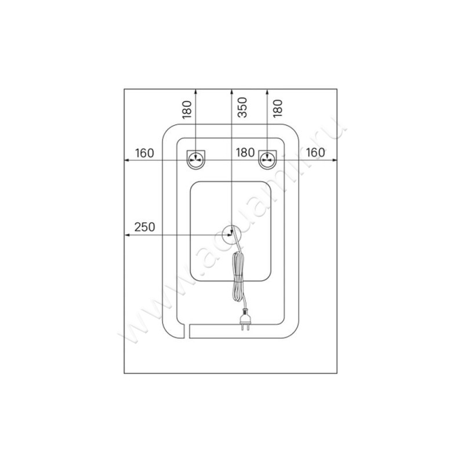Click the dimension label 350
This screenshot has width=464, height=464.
[x=242, y=107]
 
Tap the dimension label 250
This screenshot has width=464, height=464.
[x=144, y=227]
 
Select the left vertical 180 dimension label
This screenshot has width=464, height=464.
[x=187, y=110]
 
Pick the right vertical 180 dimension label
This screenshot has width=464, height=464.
[x=278, y=108]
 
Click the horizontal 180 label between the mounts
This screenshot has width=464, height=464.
[x=245, y=153]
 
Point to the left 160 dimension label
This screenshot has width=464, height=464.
[x=144, y=153]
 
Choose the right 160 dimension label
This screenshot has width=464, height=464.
[x=316, y=153]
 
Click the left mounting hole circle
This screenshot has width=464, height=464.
[x=195, y=160]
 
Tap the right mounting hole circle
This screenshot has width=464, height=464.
[x=267, y=160]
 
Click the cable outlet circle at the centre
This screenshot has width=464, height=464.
[x=231, y=235]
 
